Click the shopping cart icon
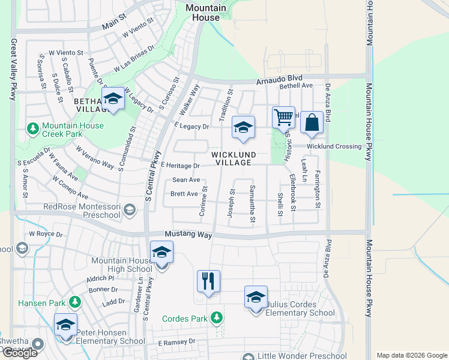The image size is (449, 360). coord(283,117)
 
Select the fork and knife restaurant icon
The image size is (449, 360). coord(208,281)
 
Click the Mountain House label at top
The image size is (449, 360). coord(206,13)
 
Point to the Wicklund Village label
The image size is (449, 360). coord(234,158)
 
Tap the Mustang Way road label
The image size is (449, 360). coord(188,235)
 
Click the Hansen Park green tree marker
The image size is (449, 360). coord(75,302)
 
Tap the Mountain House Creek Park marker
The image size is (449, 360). coord(34,128)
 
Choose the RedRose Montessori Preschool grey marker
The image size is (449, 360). coord(131,209)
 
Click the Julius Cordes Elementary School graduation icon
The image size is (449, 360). coord(255,297)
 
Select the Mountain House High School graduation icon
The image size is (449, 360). coord(161,252)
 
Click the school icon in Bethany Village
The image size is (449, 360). coord(112,99)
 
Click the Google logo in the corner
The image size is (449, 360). coord(20,353)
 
